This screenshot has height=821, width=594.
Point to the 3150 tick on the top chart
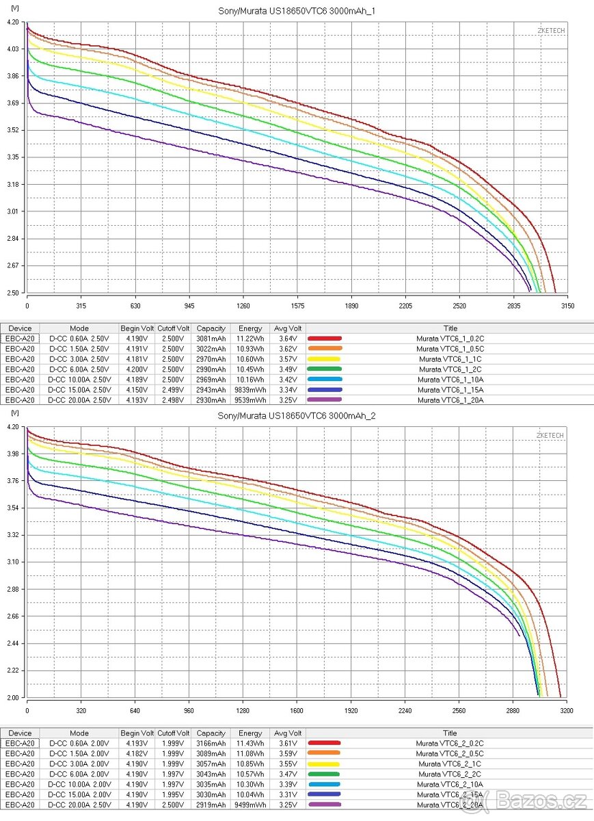click(x=566, y=305)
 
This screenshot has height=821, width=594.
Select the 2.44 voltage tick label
click(x=12, y=643)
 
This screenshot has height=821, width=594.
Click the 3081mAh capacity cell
click(x=211, y=339)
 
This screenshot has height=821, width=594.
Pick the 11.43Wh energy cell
click(x=250, y=743)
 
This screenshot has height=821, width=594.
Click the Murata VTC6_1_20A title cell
click(x=450, y=400)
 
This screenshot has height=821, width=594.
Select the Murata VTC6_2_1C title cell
click(x=450, y=764)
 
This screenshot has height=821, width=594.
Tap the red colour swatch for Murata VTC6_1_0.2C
click(x=324, y=339)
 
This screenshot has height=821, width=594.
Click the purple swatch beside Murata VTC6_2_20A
click(x=324, y=805)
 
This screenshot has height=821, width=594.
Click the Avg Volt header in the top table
click(x=286, y=328)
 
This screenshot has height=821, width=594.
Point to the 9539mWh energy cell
click(x=250, y=400)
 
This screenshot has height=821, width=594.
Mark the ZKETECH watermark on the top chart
click(x=550, y=31)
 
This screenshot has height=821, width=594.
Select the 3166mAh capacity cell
click(x=211, y=743)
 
